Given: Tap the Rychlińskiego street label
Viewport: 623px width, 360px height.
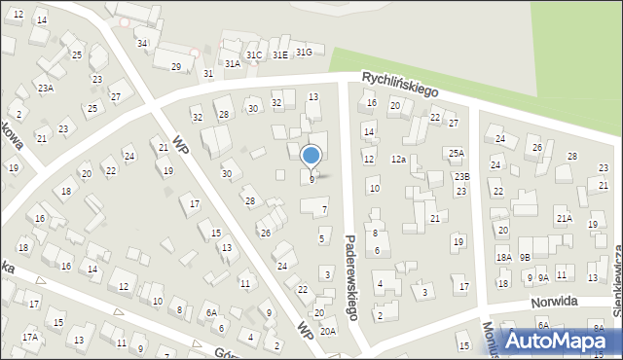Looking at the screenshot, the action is [x=399, y=84].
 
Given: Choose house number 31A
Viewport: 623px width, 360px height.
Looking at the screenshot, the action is [x=233, y=63].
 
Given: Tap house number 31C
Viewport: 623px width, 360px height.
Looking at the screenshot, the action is [x=254, y=55].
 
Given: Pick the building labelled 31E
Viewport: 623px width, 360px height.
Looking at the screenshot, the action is [x=280, y=55].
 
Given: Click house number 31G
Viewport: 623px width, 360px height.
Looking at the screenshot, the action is [x=304, y=52].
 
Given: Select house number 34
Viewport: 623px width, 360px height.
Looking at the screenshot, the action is [x=142, y=43].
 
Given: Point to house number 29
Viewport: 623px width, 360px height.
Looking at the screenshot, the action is [x=176, y=66].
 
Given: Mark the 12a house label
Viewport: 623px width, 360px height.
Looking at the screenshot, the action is [x=398, y=159].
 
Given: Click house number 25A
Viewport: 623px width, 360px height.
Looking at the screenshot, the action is [x=456, y=154].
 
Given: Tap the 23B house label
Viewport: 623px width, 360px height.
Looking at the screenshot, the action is [x=461, y=176].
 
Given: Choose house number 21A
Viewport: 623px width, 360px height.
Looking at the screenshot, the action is [x=564, y=219].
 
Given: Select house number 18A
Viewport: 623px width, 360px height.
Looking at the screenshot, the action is [x=503, y=258].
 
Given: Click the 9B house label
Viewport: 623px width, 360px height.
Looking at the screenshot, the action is [x=525, y=258].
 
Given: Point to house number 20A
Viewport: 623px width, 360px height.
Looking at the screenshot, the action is [x=328, y=332].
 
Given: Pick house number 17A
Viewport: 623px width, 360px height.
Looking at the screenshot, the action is [x=30, y=337].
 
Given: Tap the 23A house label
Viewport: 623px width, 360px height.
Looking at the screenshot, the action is [x=46, y=89].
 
